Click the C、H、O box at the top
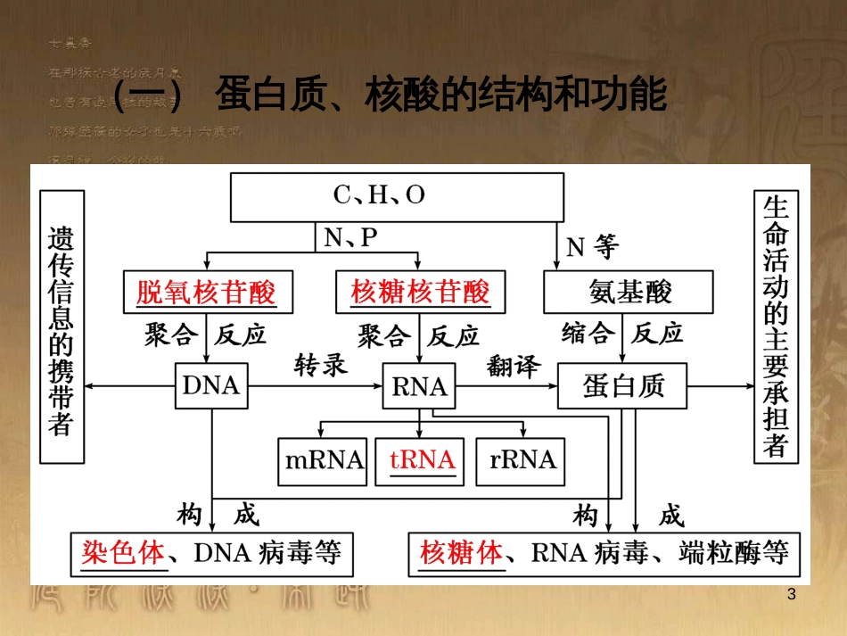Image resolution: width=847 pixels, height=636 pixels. pyautogui.click(x=396, y=197)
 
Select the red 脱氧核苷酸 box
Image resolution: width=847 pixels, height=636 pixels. pyautogui.click(x=206, y=292)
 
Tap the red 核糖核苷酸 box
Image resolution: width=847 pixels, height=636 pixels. pyautogui.click(x=421, y=292)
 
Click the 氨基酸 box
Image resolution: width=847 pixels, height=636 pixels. pyautogui.click(x=629, y=292)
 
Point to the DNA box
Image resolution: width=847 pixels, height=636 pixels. pyautogui.click(x=211, y=385)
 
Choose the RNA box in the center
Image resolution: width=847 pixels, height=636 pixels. pyautogui.click(x=419, y=386)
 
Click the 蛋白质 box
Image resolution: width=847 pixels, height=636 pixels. pyautogui.click(x=622, y=385)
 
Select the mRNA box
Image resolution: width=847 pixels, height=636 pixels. pyautogui.click(x=323, y=460)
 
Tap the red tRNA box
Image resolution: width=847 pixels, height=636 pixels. pyautogui.click(x=422, y=460)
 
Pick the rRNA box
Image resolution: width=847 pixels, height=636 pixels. pyautogui.click(x=522, y=460)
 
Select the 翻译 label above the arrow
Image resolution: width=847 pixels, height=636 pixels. pyautogui.click(x=514, y=366)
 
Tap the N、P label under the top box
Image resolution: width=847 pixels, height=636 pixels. pyautogui.click(x=349, y=238)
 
